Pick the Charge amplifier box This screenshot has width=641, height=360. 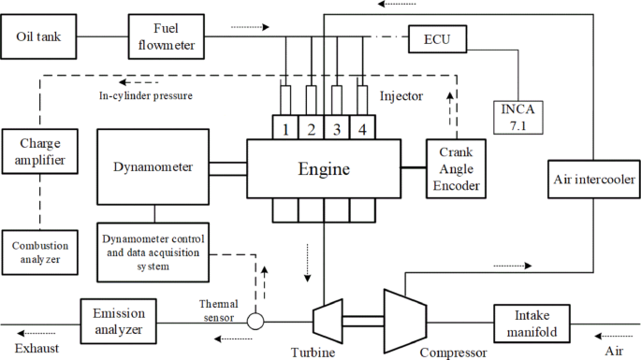(38, 153)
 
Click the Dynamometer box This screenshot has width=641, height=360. (153, 168)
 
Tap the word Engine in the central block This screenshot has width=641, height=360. (323, 169)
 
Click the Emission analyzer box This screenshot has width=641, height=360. (118, 321)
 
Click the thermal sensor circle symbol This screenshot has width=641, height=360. (254, 321)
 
